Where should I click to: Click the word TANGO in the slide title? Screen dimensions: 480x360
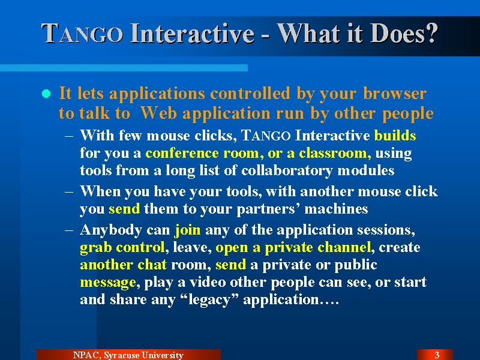tap(82, 34)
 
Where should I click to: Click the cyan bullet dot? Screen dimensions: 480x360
tap(46, 94)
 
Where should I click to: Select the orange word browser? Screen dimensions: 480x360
tap(395, 93)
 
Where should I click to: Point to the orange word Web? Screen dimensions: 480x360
tap(158, 113)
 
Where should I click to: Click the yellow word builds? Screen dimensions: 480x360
tap(395, 136)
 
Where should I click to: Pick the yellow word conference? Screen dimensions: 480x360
tap(182, 153)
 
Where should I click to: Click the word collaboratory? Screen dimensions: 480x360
tap(287, 171)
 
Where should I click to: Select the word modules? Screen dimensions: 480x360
tap(365, 170)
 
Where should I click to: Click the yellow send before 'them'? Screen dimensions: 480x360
tap(124, 209)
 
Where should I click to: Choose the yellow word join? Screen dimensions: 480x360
tap(188, 230)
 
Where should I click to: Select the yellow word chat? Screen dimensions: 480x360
tap(152, 265)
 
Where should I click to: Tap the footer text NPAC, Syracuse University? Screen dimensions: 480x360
tap(128, 355)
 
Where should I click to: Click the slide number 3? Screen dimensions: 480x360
tap(437, 355)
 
